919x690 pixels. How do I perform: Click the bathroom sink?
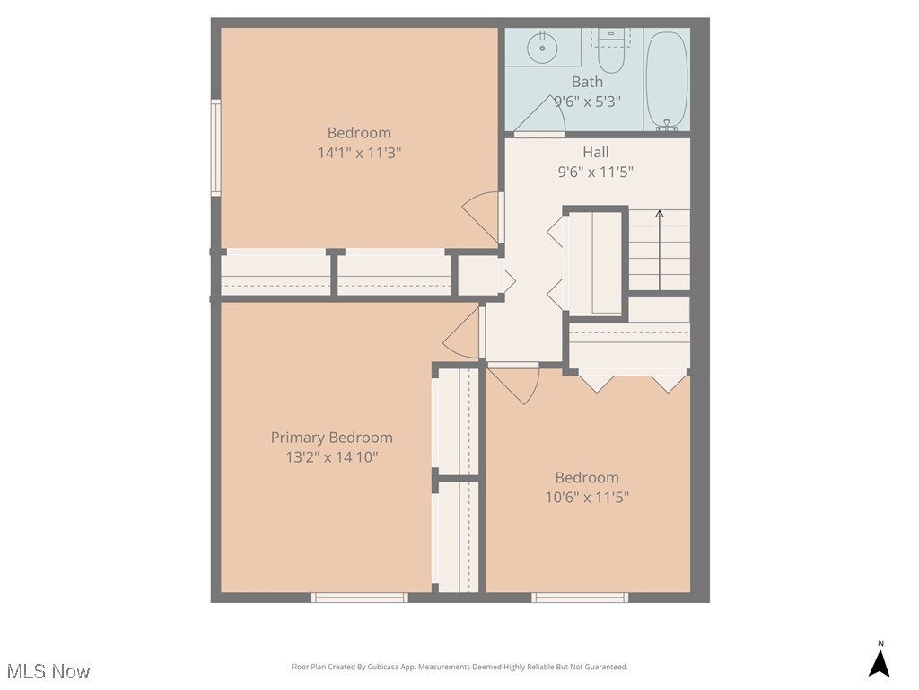pyautogui.click(x=543, y=47)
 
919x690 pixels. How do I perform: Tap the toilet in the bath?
pyautogui.click(x=611, y=54)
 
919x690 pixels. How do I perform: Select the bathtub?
pyautogui.click(x=667, y=80)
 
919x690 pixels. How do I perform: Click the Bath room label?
pyautogui.click(x=587, y=82)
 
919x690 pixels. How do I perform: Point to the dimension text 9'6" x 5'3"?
pyautogui.click(x=587, y=102)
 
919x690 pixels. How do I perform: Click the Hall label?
pyautogui.click(x=595, y=152)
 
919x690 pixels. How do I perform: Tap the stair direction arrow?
pyautogui.click(x=660, y=216)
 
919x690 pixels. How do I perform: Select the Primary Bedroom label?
pyautogui.click(x=331, y=438)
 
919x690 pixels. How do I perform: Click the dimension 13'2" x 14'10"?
pyautogui.click(x=331, y=457)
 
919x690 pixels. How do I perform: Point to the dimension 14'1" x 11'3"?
pyautogui.click(x=359, y=153)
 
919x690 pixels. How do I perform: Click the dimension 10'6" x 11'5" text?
pyautogui.click(x=587, y=497)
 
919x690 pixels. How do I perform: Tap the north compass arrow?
pyautogui.click(x=880, y=662)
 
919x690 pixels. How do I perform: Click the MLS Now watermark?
pyautogui.click(x=48, y=671)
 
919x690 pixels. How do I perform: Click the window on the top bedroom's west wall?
pyautogui.click(x=215, y=147)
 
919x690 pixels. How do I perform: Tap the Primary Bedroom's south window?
pyautogui.click(x=359, y=597)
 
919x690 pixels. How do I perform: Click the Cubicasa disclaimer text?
pyautogui.click(x=459, y=667)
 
